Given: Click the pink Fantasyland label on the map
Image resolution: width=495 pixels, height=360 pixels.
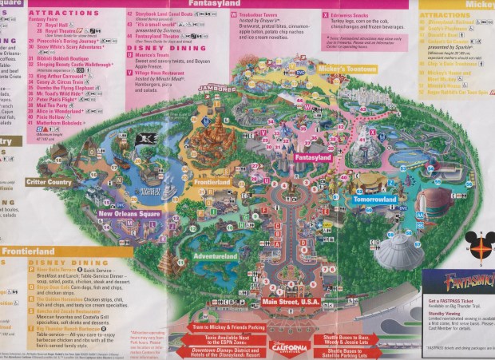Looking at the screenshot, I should [x=312, y=157].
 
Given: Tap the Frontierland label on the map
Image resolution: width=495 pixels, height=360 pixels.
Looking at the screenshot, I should [x=211, y=182].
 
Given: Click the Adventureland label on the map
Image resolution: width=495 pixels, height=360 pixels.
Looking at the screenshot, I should [x=214, y=257].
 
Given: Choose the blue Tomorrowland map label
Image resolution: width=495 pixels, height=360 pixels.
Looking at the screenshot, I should [x=374, y=199].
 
